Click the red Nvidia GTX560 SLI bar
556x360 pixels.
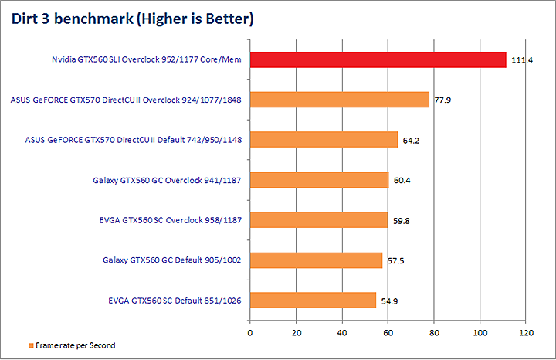378,59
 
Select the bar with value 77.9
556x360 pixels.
339,100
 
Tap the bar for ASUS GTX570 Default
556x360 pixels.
324,140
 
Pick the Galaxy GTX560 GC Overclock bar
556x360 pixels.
319,180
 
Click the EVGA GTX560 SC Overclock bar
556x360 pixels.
318,220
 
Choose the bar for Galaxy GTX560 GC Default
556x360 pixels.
316,260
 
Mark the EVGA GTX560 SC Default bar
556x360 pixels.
313,301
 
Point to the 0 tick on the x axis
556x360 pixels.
250,333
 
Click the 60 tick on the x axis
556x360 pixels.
388,333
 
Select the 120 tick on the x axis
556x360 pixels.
527,333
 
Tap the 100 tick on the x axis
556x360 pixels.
480,333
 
